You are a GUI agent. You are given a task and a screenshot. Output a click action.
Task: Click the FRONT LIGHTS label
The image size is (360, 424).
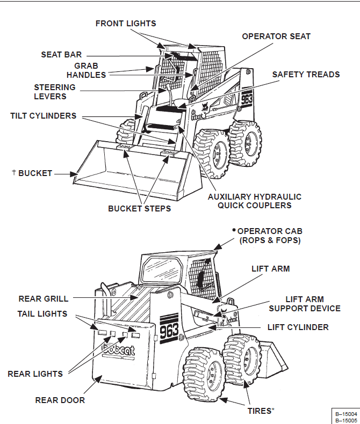click(x=126, y=24)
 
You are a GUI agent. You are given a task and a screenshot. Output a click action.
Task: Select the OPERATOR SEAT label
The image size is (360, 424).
click(x=276, y=36)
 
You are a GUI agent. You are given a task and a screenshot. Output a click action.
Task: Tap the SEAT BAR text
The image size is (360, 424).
click(x=61, y=55)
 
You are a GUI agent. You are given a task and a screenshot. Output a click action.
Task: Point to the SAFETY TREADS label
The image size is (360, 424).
click(x=306, y=75)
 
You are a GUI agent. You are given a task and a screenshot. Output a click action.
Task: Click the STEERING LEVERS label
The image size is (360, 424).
click(x=54, y=92)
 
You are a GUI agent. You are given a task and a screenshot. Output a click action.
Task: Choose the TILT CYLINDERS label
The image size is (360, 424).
click(x=43, y=116)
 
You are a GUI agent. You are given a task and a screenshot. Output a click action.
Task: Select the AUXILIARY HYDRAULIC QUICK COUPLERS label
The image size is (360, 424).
click(x=255, y=201)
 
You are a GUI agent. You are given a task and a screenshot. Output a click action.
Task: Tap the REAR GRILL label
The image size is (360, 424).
click(x=44, y=298)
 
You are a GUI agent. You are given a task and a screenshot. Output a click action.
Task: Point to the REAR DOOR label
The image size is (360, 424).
click(x=60, y=400)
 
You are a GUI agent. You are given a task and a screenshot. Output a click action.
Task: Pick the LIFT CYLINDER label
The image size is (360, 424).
click(x=298, y=327)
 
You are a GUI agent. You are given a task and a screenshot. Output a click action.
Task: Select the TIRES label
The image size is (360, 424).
click(x=258, y=411)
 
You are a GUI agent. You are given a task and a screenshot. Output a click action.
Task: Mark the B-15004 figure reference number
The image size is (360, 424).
click(x=346, y=414)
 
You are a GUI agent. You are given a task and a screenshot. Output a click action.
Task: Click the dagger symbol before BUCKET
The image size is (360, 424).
click(x=14, y=172)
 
